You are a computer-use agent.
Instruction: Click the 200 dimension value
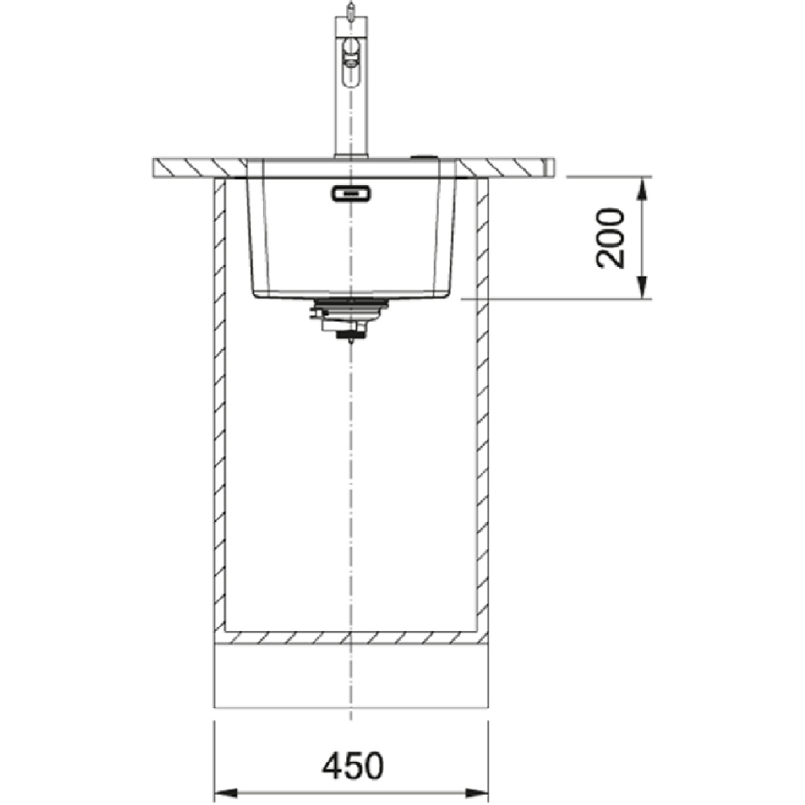[612, 238]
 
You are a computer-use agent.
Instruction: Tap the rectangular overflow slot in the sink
[350, 192]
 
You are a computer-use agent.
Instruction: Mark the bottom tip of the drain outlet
[350, 341]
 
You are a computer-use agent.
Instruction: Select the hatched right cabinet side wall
[483, 401]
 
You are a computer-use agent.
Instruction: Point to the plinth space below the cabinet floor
[350, 678]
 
